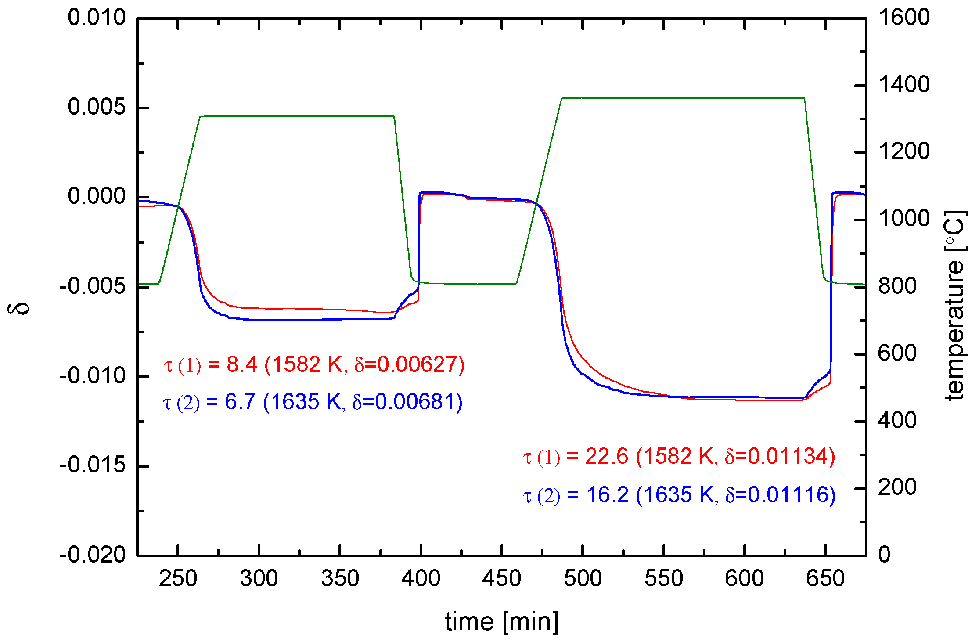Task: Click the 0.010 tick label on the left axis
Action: pos(97,18)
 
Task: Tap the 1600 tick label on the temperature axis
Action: pos(903,18)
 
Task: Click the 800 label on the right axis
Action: pos(897,286)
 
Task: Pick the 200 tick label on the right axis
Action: pos(897,487)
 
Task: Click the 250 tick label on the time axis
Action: pos(178,578)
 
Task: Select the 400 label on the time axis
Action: pos(421,578)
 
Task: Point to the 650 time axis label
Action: pos(825,578)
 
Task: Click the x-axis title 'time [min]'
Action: pos(502,622)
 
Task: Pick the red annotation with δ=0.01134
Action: pos(679,456)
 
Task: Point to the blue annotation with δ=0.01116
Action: pos(679,495)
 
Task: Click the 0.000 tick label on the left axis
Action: pos(97,196)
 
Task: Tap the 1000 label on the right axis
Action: pos(903,219)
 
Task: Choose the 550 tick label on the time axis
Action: pos(663,578)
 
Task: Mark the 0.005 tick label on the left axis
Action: pos(97,107)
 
